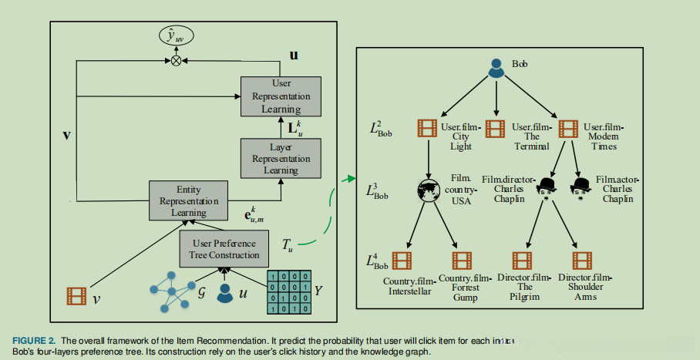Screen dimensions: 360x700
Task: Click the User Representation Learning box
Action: (280, 96)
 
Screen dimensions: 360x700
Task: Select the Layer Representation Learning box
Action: (280, 158)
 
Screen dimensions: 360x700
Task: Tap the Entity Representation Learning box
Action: (189, 201)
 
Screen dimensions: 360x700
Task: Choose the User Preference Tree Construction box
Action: (224, 247)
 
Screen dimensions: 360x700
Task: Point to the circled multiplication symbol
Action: (177, 59)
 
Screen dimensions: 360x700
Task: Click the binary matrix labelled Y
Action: (288, 292)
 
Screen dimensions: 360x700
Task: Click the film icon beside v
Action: (77, 294)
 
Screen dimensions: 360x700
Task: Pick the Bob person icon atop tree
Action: (496, 69)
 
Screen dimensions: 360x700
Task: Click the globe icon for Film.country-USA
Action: (426, 190)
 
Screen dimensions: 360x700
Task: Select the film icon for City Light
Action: (427, 128)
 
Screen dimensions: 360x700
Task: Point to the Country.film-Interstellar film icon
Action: (403, 261)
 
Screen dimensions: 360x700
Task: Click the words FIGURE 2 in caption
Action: (33, 340)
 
